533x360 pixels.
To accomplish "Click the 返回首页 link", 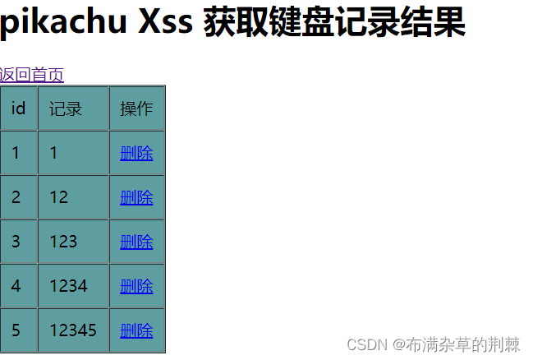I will coord(32,75).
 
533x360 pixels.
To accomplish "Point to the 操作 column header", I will coord(136,108).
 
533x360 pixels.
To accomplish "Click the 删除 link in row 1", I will coord(136,153).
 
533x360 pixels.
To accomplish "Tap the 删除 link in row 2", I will coord(136,197).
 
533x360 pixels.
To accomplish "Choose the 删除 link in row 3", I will coord(136,242).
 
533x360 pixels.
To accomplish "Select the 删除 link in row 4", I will coord(136,286).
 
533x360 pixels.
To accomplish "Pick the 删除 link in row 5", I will coord(136,330).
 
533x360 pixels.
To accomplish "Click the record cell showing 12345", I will coord(73,330).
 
